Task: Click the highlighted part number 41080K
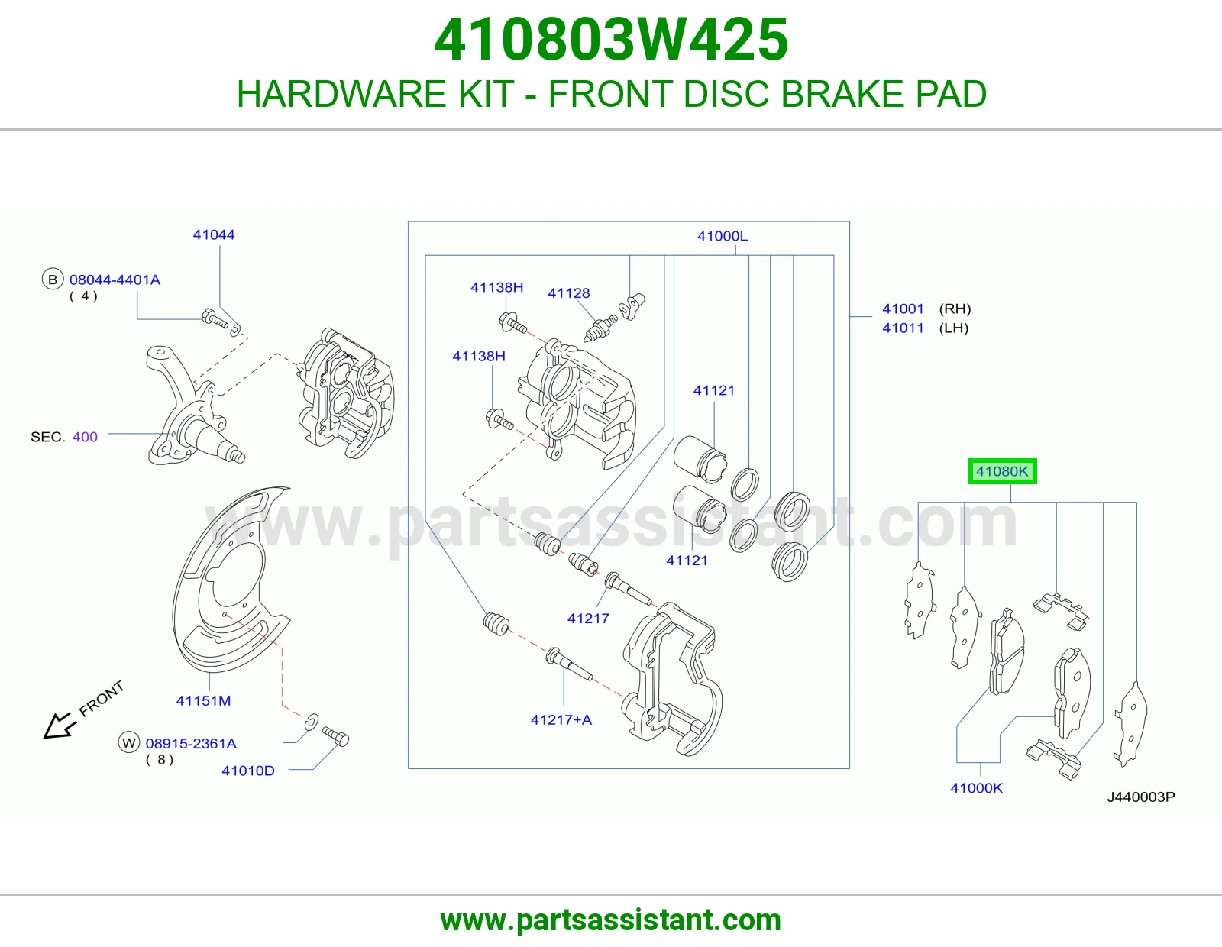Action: click(1002, 471)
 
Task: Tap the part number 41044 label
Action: click(214, 234)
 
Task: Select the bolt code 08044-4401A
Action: click(115, 280)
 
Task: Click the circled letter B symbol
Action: click(53, 280)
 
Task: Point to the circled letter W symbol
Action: click(129, 743)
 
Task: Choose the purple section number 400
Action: click(85, 437)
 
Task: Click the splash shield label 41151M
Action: click(204, 700)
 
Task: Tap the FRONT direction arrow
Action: click(59, 726)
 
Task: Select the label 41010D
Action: click(248, 771)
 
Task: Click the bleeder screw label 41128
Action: click(568, 293)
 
